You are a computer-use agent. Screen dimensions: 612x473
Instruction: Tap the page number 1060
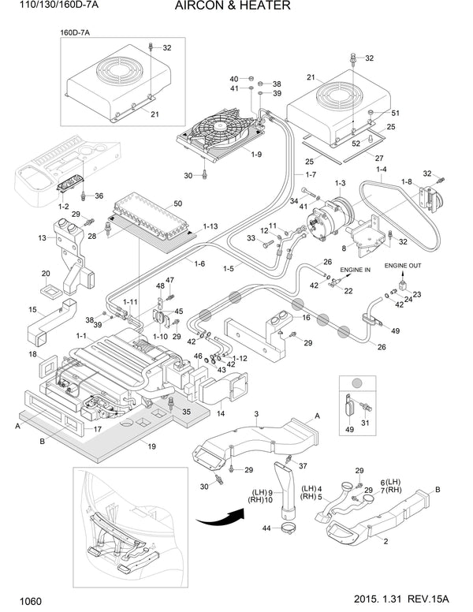[x=23, y=602]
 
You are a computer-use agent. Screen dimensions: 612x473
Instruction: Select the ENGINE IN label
[x=355, y=270]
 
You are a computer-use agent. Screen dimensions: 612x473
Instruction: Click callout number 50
[x=177, y=203]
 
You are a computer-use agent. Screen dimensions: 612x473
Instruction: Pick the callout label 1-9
[x=257, y=155]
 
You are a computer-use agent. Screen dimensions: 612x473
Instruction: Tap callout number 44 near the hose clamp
[x=266, y=528]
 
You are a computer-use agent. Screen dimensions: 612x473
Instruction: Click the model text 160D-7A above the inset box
[x=76, y=32]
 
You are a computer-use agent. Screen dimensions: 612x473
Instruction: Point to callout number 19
[x=151, y=447]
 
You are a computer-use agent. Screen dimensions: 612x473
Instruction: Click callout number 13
[x=41, y=237]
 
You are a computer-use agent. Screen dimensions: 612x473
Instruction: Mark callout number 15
[x=32, y=309]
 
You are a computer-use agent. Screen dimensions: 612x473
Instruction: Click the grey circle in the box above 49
[x=357, y=382]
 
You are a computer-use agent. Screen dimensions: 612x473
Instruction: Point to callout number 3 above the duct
[x=256, y=413]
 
